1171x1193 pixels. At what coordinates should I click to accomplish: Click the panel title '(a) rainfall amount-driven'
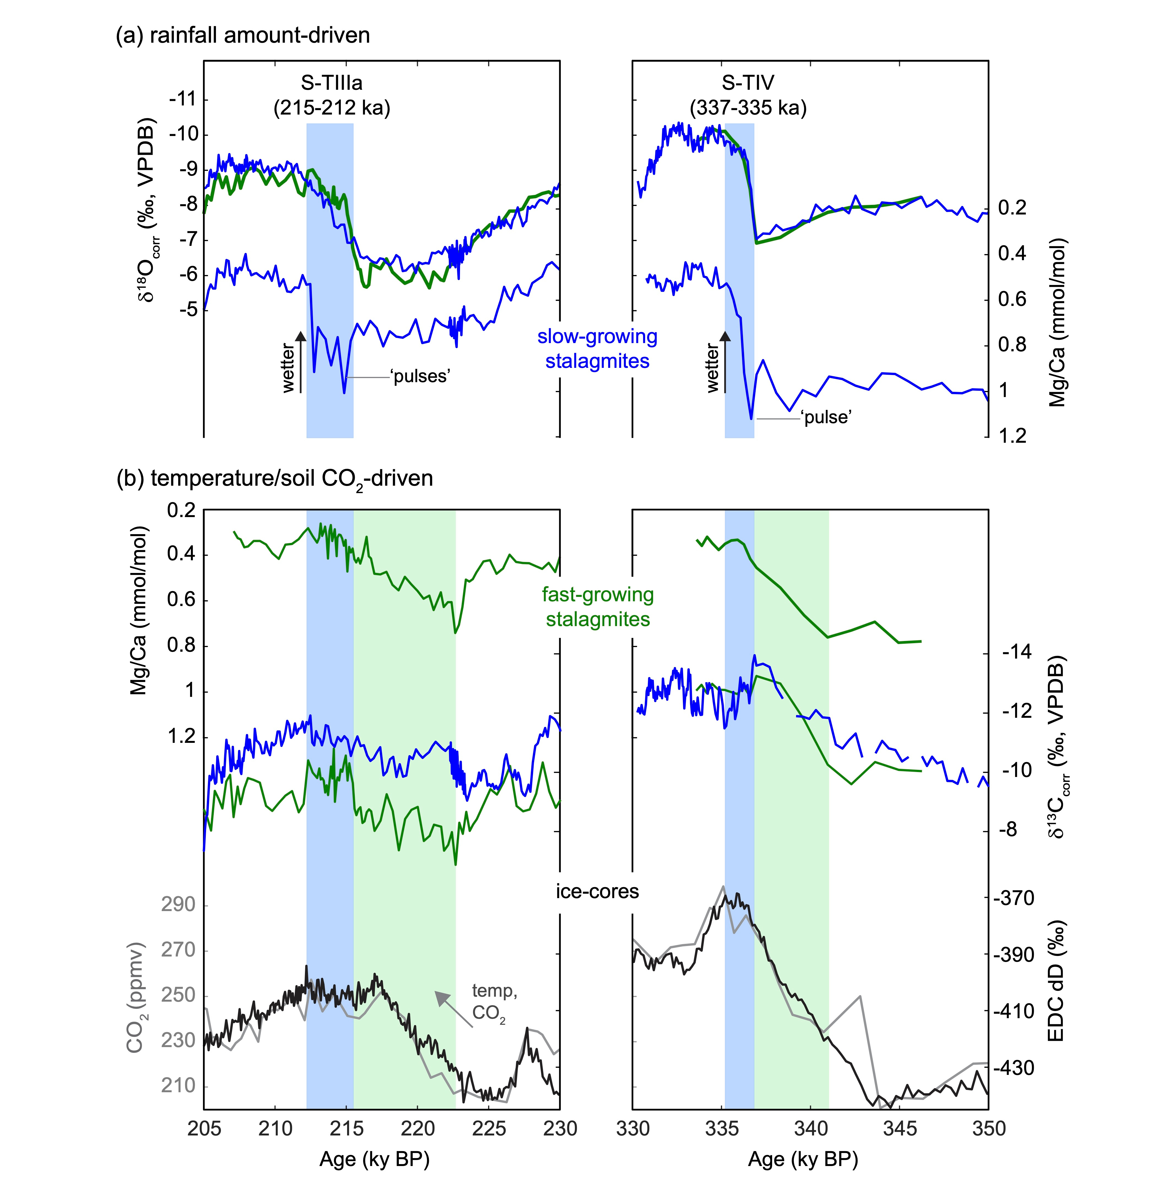(x=243, y=35)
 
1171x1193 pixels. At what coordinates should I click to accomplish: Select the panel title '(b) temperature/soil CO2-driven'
(x=275, y=478)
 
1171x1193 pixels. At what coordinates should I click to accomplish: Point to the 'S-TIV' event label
(x=748, y=82)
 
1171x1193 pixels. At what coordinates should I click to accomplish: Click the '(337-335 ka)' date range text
(x=748, y=108)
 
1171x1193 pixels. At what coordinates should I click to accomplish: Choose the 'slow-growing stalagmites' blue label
(x=597, y=349)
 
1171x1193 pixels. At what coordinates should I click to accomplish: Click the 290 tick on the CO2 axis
(x=178, y=904)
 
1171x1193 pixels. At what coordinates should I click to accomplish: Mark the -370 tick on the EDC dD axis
(x=1013, y=898)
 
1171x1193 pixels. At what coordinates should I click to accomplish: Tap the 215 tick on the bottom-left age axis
(x=346, y=1129)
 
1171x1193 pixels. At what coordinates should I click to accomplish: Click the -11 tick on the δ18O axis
(x=183, y=99)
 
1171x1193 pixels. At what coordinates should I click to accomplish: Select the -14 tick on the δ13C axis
(x=1017, y=652)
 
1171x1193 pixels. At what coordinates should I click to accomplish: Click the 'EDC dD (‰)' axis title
(x=1055, y=981)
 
